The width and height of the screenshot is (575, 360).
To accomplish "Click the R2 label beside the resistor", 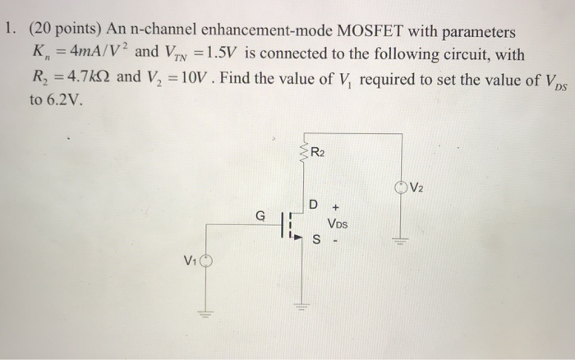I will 317,152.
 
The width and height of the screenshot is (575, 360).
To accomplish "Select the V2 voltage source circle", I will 402,187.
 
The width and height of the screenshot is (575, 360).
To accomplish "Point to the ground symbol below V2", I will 402,241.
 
